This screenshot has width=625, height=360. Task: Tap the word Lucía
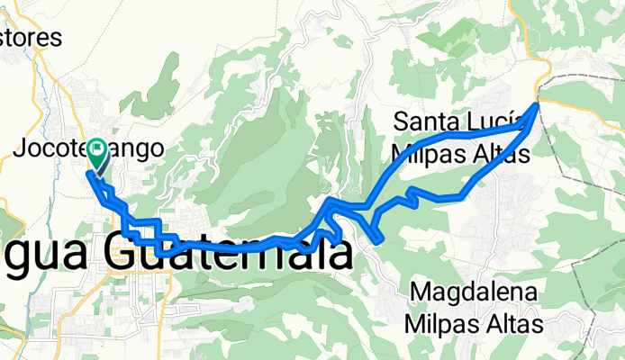coord(498,122)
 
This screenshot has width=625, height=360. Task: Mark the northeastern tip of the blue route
coord(538,104)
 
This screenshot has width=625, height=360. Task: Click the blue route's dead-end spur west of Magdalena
coord(378,238)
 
